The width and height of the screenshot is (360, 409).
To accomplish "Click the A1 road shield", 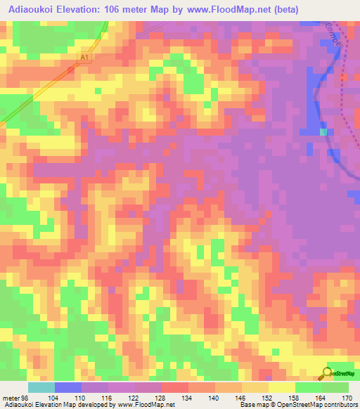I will tap(85, 58).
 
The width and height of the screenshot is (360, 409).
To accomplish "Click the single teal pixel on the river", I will tap(323, 131).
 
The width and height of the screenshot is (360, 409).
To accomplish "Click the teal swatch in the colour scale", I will tap(41, 387).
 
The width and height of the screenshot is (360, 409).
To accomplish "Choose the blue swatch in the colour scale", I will tap(68, 387).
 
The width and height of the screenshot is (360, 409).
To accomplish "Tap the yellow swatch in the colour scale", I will tap(282, 387).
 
